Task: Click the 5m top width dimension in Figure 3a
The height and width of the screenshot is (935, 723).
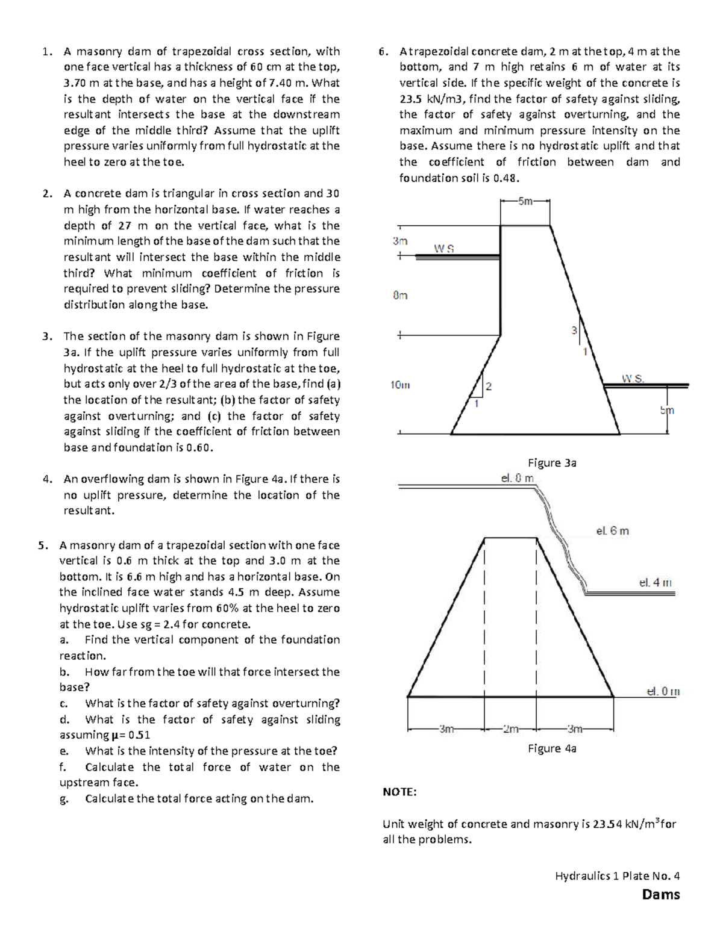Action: click(x=525, y=202)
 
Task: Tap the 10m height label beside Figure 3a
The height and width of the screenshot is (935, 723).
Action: click(x=399, y=385)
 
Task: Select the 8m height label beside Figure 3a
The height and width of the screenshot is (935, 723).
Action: click(x=400, y=295)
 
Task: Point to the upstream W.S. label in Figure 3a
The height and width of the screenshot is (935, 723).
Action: click(x=444, y=248)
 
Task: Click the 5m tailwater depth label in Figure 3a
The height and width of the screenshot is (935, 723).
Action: click(x=667, y=411)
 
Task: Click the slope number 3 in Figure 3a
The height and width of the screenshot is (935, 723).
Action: click(x=574, y=331)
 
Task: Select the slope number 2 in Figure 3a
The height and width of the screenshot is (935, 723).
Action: click(x=489, y=387)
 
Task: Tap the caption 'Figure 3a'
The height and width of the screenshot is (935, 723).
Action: click(x=552, y=462)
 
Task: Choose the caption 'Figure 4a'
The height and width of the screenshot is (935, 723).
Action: click(x=552, y=748)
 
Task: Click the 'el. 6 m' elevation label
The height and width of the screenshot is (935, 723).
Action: click(x=612, y=530)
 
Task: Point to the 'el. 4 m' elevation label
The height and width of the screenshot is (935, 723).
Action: click(x=655, y=582)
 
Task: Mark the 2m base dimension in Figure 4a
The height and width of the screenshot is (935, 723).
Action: click(x=510, y=729)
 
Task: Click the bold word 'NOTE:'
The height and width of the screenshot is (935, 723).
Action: click(x=399, y=792)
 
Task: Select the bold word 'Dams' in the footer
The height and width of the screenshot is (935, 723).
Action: click(x=661, y=894)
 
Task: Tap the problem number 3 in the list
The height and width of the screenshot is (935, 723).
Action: click(x=46, y=336)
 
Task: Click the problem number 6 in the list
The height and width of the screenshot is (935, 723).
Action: click(x=383, y=51)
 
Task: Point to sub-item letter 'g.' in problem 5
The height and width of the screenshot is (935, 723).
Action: click(x=63, y=799)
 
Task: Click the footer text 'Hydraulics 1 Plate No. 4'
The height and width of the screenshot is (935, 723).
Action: click(x=617, y=876)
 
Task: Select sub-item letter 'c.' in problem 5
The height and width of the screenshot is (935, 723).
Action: click(x=63, y=703)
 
